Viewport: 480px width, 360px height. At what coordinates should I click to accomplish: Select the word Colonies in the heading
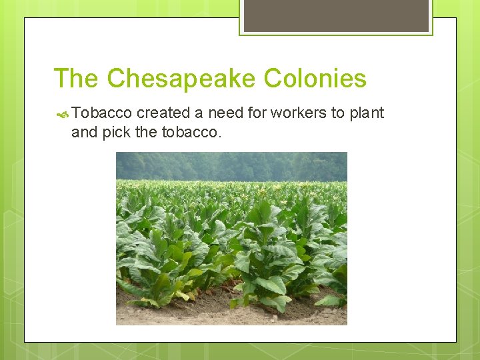tap(315, 79)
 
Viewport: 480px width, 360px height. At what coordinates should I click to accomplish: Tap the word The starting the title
tap(76, 79)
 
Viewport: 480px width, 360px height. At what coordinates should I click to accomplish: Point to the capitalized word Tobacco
tap(102, 113)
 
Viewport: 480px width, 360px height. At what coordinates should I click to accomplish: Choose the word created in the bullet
tap(164, 113)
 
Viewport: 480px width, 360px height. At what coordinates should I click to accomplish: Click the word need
tap(225, 113)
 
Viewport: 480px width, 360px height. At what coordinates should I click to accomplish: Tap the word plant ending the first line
tap(367, 113)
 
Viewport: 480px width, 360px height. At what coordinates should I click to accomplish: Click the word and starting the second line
tap(84, 132)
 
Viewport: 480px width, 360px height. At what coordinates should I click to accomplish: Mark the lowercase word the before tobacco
tap(146, 132)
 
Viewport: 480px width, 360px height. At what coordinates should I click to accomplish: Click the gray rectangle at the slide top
tap(336, 15)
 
